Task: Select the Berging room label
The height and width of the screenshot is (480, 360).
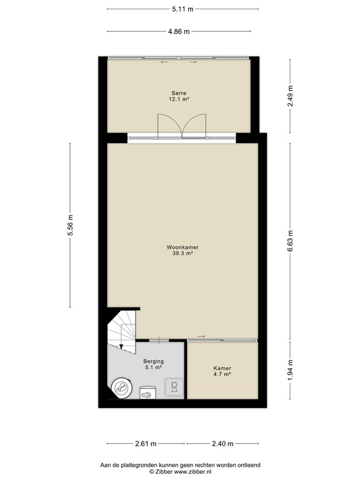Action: [x=153, y=361]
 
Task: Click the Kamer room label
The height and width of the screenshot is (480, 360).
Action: [x=222, y=369]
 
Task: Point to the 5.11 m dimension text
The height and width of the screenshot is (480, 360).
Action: [x=182, y=9]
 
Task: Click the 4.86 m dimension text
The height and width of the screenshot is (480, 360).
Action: [x=181, y=32]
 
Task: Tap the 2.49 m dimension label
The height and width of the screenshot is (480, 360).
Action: [x=290, y=96]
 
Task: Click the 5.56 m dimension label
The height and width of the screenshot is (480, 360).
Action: [x=70, y=227]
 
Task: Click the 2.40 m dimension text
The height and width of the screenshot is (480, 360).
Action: [x=221, y=444]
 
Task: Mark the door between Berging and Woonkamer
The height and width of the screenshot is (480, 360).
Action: [x=160, y=340]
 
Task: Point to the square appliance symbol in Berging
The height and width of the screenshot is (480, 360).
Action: [x=174, y=387]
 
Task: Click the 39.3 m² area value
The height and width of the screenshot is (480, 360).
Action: [x=182, y=253]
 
